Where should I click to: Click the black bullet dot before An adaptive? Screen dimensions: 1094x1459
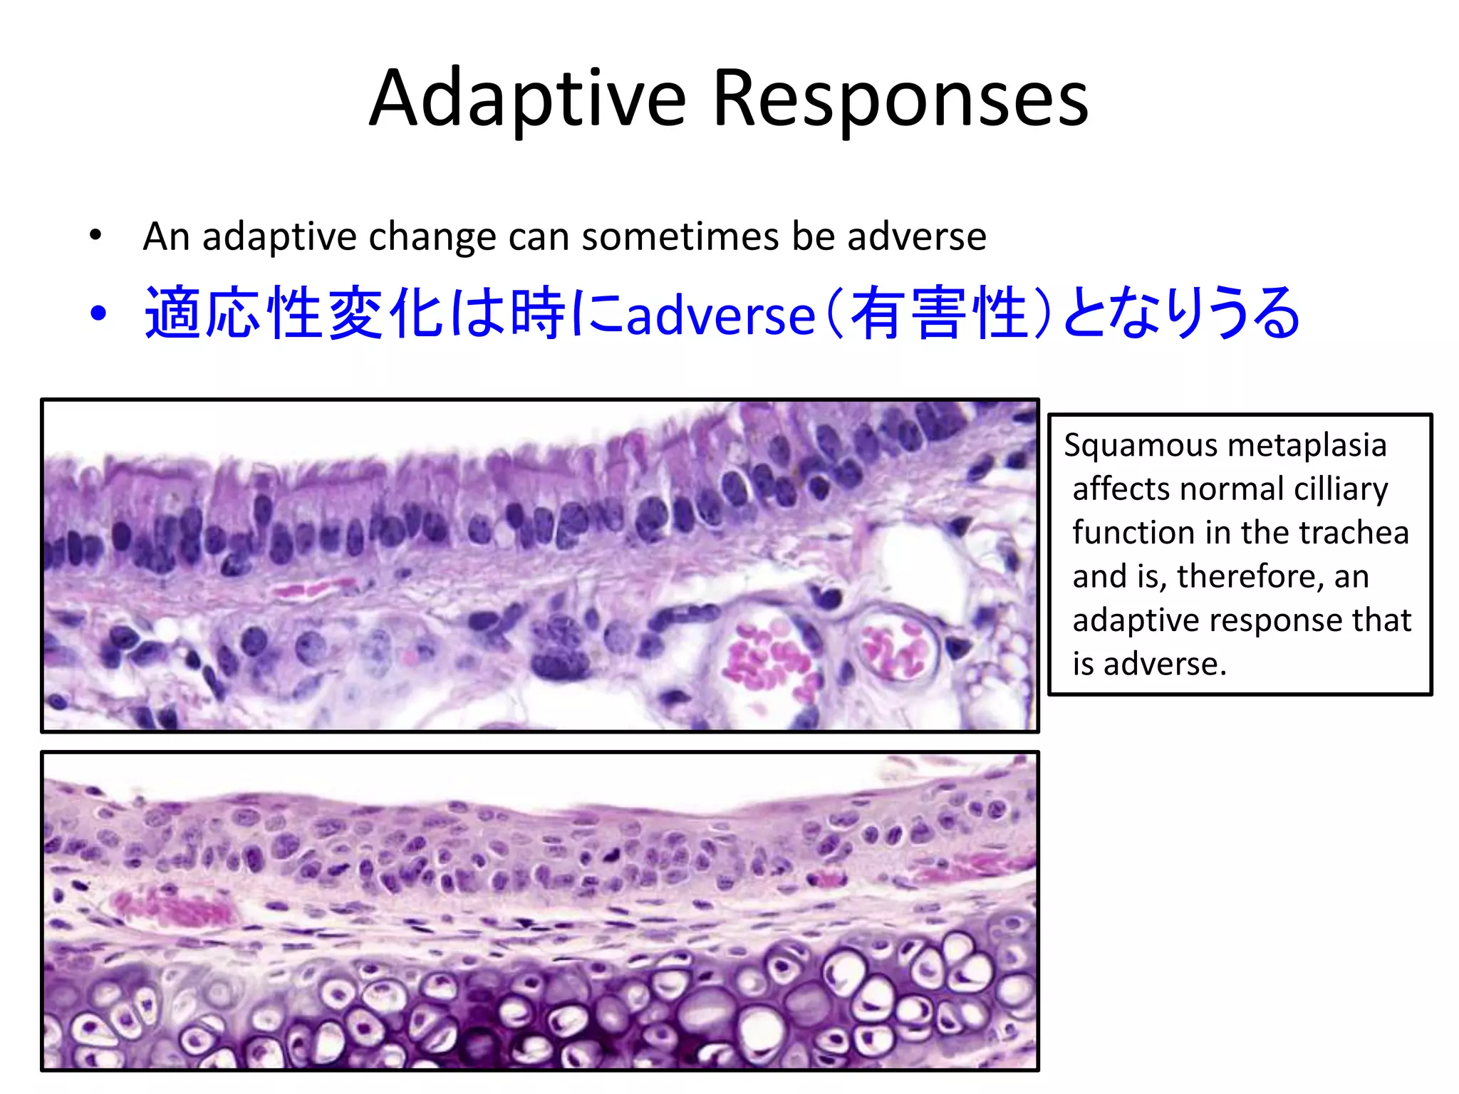pyautogui.click(x=95, y=235)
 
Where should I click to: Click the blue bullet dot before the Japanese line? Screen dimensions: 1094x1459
pyautogui.click(x=98, y=313)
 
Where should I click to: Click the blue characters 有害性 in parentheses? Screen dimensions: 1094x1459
pyautogui.click(x=939, y=313)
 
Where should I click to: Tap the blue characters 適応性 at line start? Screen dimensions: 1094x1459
pyautogui.click(x=235, y=313)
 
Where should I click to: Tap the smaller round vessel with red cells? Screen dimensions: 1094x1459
pyautogui.click(x=895, y=645)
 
